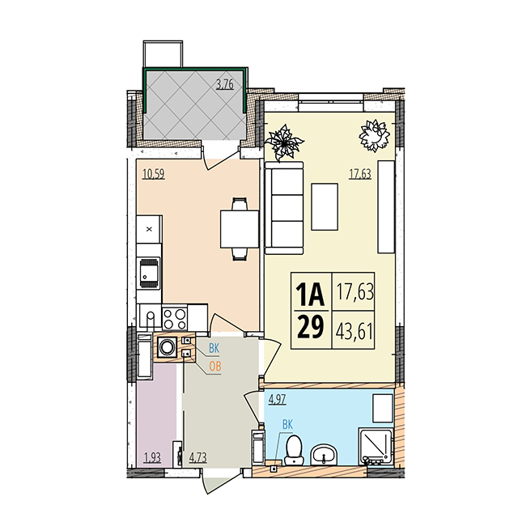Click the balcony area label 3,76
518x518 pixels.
click(225, 84)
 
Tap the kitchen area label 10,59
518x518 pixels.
click(153, 174)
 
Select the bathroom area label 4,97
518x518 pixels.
click(277, 399)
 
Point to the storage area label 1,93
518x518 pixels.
click(152, 457)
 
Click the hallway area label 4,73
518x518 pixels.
click(197, 457)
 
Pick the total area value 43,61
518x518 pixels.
click(355, 331)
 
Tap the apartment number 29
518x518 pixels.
click(310, 327)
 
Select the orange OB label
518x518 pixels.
click(215, 366)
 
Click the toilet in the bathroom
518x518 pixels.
click(294, 450)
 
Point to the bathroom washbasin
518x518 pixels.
click(324, 455)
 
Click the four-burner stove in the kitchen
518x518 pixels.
click(175, 318)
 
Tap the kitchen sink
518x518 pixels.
click(148, 274)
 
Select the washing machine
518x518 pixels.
click(168, 347)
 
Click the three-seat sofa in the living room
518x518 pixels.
click(284, 208)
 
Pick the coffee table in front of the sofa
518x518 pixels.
click(325, 207)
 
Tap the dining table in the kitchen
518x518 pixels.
click(240, 229)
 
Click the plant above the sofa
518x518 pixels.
click(284, 142)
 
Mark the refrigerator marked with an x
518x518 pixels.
click(149, 229)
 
